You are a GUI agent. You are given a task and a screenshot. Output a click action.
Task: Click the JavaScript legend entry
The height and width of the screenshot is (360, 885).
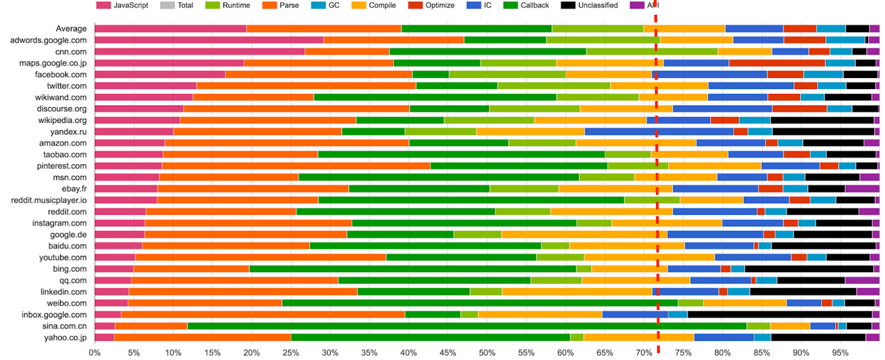pos(123,6)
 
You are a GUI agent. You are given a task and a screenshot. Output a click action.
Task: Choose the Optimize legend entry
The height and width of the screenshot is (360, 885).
pos(431,6)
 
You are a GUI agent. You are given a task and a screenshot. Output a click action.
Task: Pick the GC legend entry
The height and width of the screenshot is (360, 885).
pos(326,6)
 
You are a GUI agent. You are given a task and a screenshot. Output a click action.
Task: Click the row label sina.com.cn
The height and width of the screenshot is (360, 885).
pos(64,326)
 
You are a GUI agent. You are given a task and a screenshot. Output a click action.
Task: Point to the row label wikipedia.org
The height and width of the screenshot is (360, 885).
pos(63,120)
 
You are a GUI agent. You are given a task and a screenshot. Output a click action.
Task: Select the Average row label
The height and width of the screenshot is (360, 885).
pos(71,29)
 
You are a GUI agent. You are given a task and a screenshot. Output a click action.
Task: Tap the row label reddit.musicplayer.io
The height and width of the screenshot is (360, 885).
pos(49,200)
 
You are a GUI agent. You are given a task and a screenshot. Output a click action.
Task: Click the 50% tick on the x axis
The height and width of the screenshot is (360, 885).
pos(487,353)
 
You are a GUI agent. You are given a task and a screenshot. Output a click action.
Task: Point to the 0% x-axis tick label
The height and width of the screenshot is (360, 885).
pos(95,353)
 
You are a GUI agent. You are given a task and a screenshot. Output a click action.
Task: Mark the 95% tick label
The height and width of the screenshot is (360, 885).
pos(840,353)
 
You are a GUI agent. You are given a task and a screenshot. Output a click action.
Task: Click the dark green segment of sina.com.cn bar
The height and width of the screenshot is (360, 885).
pos(467,326)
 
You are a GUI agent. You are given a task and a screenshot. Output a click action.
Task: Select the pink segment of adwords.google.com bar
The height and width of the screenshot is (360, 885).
pos(209,40)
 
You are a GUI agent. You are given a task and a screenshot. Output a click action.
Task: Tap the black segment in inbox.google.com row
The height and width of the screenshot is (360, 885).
pos(779,315)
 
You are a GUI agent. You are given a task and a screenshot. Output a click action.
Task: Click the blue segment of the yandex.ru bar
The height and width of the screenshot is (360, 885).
pos(659,132)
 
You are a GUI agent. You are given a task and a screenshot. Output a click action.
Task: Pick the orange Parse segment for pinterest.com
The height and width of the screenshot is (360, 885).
pos(296,166)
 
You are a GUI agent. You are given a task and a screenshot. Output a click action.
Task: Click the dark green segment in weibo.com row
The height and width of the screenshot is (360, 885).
pos(480,303)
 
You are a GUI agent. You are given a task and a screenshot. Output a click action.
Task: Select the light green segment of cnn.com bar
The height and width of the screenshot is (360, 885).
pos(652,51)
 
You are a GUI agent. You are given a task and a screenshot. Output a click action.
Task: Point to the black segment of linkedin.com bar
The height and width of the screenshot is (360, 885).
pos(803,292)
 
